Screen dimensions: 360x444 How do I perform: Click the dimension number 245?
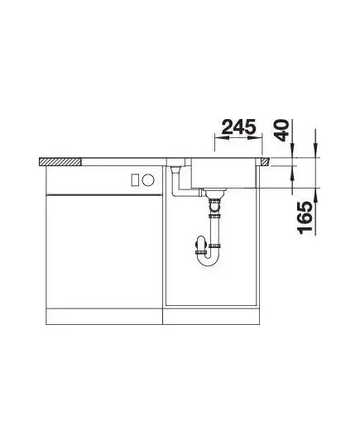coord(238,127)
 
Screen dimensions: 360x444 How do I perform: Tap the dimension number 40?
coord(282,131)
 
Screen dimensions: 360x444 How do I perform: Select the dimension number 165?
coord(305,217)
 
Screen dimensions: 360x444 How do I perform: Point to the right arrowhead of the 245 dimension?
coord(255,138)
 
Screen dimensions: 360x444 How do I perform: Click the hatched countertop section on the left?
coord(60,162)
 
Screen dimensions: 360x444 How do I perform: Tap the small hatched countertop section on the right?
coord(265,162)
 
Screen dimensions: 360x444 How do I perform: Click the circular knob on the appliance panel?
coord(148,179)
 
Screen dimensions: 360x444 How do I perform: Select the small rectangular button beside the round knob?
coord(135,179)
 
